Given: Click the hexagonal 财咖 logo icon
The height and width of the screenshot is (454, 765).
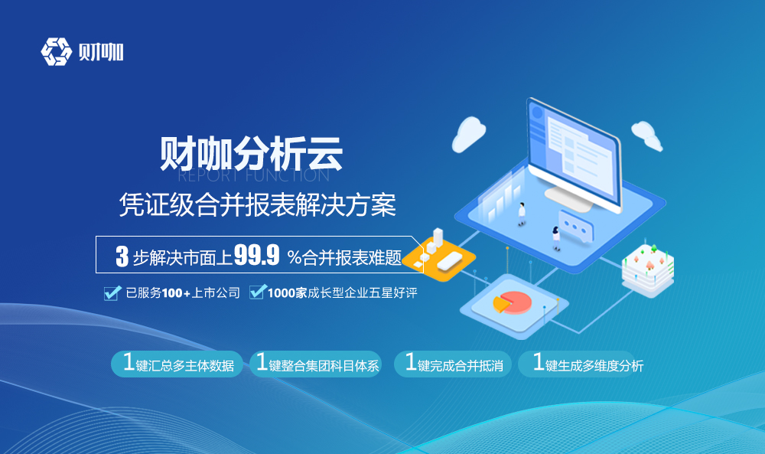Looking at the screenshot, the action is tap(56, 51).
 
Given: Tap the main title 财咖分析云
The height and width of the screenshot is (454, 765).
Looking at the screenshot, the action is tap(251, 153).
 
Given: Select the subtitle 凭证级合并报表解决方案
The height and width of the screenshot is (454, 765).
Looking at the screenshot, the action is tap(258, 204).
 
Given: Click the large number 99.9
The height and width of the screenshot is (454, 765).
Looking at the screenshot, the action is tap(256, 255).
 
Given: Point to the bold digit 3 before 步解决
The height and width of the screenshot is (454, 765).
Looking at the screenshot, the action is tap(122, 256).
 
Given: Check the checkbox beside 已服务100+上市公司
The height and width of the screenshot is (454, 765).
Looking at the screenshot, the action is tap(112, 293).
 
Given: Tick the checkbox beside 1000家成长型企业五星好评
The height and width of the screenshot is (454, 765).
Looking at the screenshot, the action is tap(258, 292).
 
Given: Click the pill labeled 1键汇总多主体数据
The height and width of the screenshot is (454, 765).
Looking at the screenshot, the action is tap(177, 364).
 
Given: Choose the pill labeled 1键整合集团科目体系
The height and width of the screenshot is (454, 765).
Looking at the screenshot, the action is tap(316, 364).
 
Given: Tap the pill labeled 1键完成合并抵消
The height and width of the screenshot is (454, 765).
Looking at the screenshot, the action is tap(453, 364).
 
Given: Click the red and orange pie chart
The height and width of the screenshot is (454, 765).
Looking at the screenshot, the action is tap(512, 302).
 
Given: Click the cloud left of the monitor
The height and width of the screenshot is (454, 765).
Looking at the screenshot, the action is tap(468, 134).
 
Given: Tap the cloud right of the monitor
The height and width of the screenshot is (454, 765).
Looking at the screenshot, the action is tap(647, 136).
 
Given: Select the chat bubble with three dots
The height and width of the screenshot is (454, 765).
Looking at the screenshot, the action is tap(576, 226).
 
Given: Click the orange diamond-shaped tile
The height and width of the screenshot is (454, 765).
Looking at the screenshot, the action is tap(438, 257).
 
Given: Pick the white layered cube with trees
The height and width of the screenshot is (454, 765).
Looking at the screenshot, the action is tap(648, 270).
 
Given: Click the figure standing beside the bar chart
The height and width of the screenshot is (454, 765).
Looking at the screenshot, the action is tap(522, 214).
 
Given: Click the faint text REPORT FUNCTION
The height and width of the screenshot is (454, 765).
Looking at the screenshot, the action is tap(253, 175).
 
